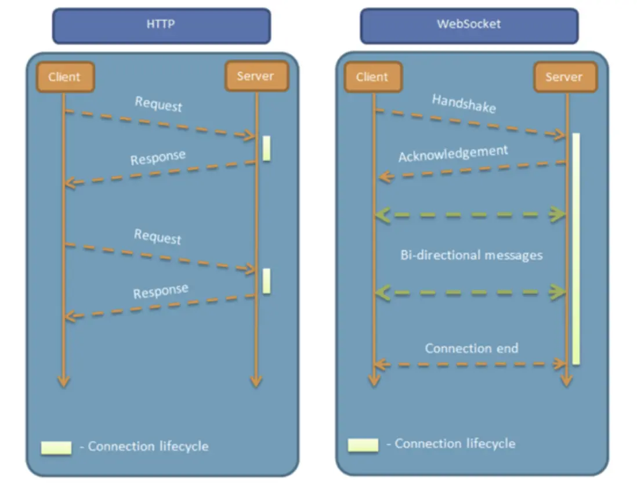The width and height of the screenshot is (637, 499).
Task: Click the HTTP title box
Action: tap(161, 26)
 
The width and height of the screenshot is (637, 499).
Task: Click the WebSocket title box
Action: tap(469, 26)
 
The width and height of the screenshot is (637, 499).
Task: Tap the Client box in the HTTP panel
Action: tap(64, 77)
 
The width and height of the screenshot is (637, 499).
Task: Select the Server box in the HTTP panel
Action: tap(255, 75)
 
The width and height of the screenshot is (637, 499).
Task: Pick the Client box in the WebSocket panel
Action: tap(372, 77)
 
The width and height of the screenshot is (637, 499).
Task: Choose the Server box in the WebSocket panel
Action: tap(563, 77)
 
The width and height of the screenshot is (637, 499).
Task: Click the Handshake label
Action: tap(464, 104)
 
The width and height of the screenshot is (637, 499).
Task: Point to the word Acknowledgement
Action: tap(453, 154)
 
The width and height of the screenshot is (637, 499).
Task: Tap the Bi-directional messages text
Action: tap(471, 255)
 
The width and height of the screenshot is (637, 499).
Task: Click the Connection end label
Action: tap(472, 348)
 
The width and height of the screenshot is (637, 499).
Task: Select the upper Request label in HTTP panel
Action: tap(158, 104)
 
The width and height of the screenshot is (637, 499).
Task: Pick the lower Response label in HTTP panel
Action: tap(161, 291)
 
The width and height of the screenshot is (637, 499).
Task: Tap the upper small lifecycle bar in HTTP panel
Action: tap(266, 148)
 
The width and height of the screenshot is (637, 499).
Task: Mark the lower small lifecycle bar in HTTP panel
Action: tap(266, 281)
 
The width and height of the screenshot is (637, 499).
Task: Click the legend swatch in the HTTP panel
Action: tap(56, 447)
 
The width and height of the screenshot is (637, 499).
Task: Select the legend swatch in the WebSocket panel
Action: tap(363, 445)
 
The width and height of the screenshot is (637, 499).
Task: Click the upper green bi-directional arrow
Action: tap(470, 215)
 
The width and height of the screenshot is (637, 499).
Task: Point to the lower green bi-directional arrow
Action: tap(470, 292)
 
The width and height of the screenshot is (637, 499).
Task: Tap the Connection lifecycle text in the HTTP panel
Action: tap(148, 446)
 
